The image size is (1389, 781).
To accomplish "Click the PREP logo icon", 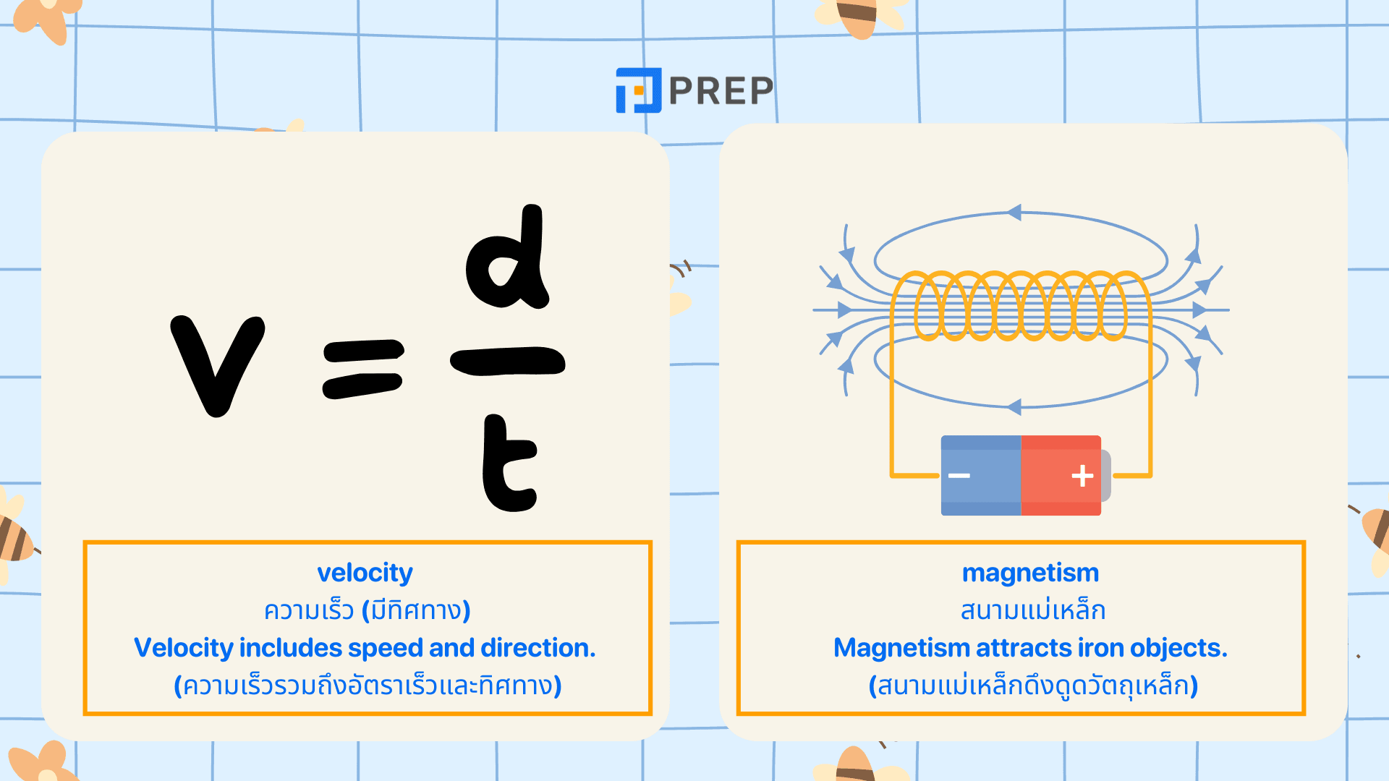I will click(638, 90).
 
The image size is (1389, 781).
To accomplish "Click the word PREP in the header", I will click(721, 90).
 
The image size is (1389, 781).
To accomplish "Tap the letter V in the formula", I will click(217, 365).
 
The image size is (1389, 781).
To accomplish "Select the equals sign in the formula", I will click(362, 369).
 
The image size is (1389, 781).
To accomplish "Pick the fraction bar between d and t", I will click(507, 361).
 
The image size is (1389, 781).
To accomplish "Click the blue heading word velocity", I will click(365, 573).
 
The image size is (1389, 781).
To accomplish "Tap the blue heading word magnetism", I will click(1030, 573).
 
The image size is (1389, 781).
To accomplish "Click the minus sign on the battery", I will click(959, 475).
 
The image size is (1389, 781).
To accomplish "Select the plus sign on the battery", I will click(1082, 475).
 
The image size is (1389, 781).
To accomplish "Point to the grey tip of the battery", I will click(1105, 475).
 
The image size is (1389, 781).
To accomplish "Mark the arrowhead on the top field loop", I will click(1014, 213).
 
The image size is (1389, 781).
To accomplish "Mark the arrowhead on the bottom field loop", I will click(1014, 407).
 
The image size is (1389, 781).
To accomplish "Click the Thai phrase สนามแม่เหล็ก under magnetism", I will click(1032, 611).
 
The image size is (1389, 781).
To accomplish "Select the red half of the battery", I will click(1061, 475).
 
